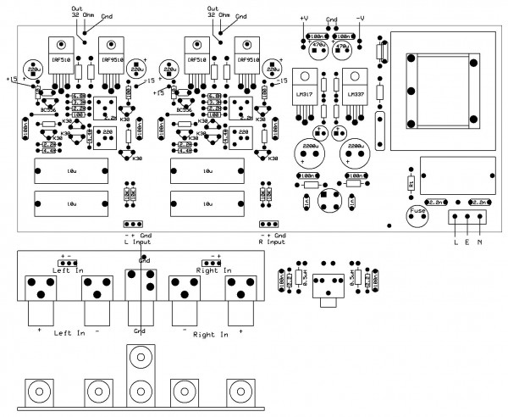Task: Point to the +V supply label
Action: pyautogui.click(x=303, y=17)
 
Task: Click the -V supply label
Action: pyautogui.click(x=361, y=17)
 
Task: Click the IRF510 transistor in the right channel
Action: pyautogui.click(x=196, y=62)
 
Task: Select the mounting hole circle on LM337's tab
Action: pyautogui.click(x=358, y=74)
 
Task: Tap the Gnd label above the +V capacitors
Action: pyautogui.click(x=332, y=17)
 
